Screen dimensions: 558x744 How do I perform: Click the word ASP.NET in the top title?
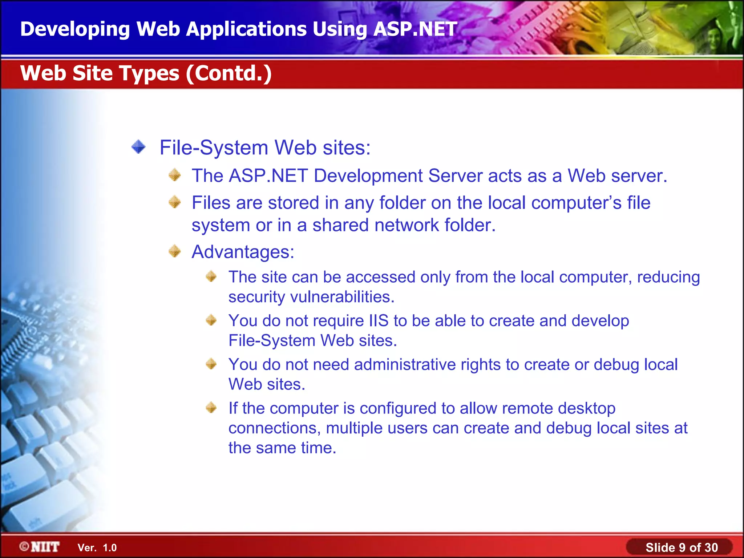point(415,29)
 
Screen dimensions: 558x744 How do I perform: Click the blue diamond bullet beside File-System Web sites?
point(138,147)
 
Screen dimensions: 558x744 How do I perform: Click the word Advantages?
point(243,252)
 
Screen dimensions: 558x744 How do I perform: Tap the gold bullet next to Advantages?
point(175,251)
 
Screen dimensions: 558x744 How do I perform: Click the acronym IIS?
point(379,321)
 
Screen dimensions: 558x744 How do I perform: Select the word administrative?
point(405,364)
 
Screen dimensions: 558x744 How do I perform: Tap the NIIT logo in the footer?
point(40,547)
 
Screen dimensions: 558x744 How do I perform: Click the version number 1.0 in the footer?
point(110,548)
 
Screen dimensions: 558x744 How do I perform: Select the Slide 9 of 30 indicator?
point(681,547)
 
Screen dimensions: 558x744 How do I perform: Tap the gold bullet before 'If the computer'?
point(211,408)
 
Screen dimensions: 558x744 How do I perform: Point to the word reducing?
point(668,277)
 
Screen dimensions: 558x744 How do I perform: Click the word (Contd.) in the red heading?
point(229,73)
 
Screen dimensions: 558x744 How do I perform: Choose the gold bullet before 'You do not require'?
point(211,320)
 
